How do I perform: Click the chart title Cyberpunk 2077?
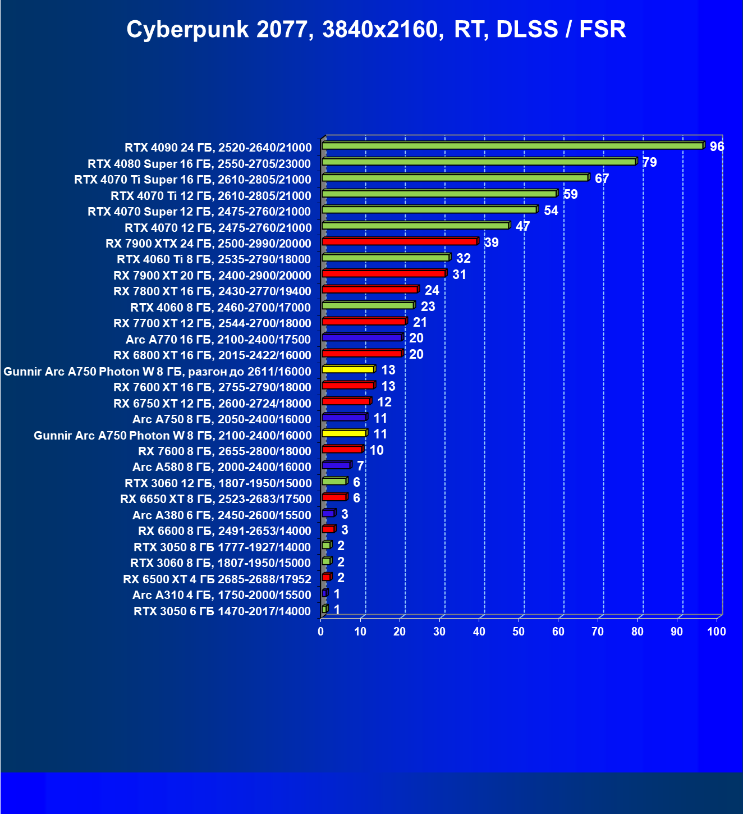pos(376,29)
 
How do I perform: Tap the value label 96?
pos(717,147)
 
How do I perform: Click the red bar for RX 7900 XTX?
pos(399,242)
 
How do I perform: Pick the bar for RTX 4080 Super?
pos(478,162)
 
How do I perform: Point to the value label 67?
pos(602,179)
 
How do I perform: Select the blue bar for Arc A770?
pos(362,338)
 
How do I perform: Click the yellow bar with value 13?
pos(348,369)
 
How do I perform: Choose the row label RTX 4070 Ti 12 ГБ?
pos(210,195)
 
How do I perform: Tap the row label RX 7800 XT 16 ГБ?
pos(212,291)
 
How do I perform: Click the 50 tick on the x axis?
pos(519,632)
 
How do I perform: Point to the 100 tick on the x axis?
pos(716,632)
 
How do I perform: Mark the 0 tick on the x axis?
pos(321,632)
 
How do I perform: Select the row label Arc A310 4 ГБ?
pos(221,595)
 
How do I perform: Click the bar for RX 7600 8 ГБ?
pos(342,450)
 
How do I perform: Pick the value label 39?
pos(491,243)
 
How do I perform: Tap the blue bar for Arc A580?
pos(336,465)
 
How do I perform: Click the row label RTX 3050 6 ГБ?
pos(222,611)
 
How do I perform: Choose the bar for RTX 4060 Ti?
pos(386,258)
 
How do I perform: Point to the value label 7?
pos(360,466)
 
